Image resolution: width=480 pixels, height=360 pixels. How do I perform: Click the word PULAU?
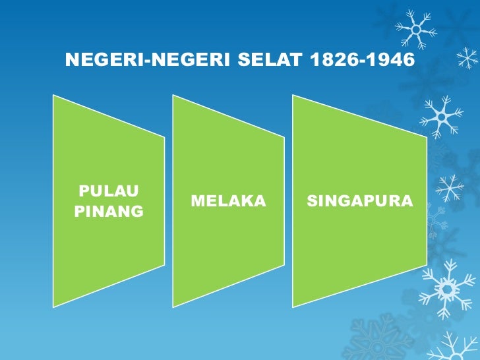(x=101, y=192)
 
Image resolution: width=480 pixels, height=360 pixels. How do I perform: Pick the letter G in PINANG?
(x=137, y=212)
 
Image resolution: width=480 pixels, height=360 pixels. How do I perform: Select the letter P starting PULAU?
(x=82, y=192)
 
